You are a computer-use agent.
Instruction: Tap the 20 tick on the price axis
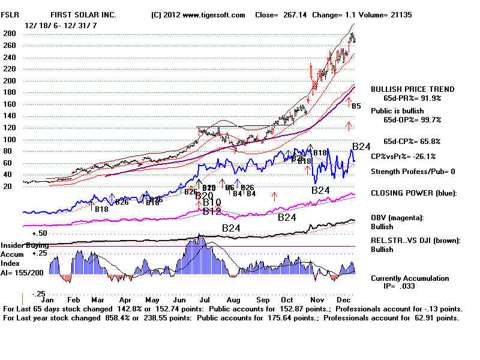click(x=8, y=186)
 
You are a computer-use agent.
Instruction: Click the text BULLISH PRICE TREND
click(x=413, y=89)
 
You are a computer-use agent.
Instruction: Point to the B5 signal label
click(x=356, y=106)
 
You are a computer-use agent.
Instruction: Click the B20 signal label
click(x=204, y=196)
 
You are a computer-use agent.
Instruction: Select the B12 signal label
click(x=212, y=211)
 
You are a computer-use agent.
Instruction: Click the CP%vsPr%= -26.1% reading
click(x=403, y=156)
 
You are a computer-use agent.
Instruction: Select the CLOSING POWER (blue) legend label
click(x=413, y=193)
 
